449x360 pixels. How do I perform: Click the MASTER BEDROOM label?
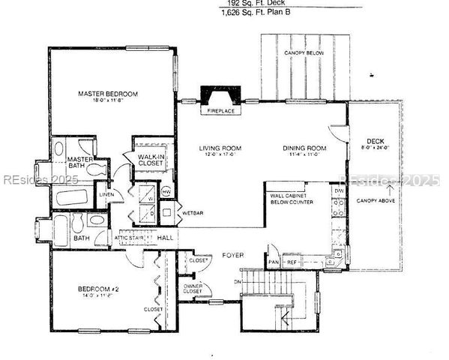coord(108,94)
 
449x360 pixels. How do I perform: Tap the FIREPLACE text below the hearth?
coord(221,111)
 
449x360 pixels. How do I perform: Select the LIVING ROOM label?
coord(218,148)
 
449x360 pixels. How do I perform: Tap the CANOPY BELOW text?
coord(304,54)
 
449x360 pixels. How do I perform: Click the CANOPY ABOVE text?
coord(376,201)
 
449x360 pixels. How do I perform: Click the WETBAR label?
coord(192,213)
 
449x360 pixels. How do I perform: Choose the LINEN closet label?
coord(106,195)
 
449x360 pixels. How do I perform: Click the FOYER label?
coord(233,256)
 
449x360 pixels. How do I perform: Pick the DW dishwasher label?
coord(339,191)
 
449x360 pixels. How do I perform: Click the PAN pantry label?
coord(274,263)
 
